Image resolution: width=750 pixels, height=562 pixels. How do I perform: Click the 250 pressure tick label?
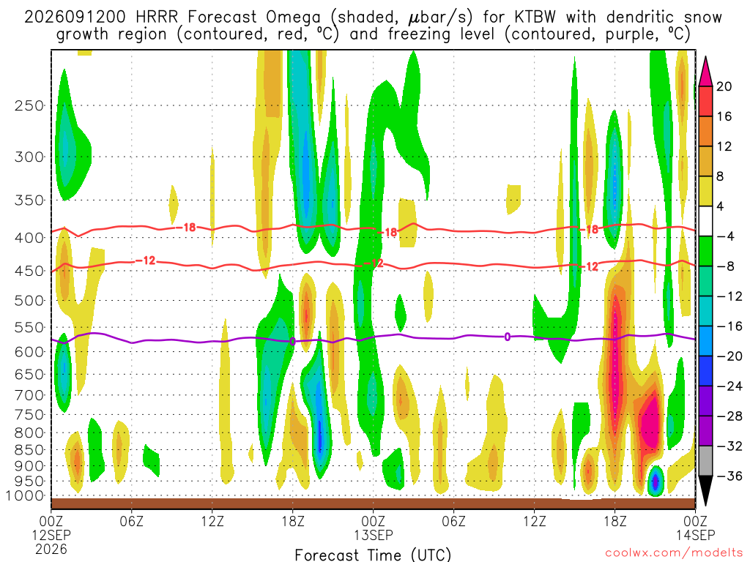[x=29, y=105]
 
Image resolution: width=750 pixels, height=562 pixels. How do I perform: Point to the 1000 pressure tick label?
[x=24, y=496]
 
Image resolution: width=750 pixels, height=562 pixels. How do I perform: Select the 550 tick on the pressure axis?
[x=29, y=328]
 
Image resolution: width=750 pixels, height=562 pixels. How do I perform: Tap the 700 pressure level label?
[x=29, y=395]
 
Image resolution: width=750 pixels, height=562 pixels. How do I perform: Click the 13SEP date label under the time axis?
[x=373, y=535]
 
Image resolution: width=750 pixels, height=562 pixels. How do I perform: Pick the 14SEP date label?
[x=696, y=535]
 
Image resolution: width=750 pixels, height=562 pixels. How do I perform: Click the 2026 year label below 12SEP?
[x=51, y=549]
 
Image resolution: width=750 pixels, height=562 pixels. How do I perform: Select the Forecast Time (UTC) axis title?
[x=373, y=555]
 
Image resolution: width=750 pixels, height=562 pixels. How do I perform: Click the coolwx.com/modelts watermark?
[x=674, y=553]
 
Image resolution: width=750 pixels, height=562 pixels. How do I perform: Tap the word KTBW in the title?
[x=535, y=18]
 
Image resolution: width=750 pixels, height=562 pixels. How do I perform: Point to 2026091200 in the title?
[x=75, y=18]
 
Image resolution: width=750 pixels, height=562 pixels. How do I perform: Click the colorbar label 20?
[x=724, y=86]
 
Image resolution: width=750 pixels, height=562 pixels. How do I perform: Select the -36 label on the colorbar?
[x=729, y=476]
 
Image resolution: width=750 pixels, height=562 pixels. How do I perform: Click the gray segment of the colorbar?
[x=705, y=461]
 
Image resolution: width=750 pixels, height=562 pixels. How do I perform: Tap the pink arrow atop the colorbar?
[x=705, y=72]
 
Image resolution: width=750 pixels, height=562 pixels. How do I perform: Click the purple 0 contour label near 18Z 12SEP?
[x=293, y=341]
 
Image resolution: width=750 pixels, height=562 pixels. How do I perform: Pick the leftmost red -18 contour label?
[x=186, y=228]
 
